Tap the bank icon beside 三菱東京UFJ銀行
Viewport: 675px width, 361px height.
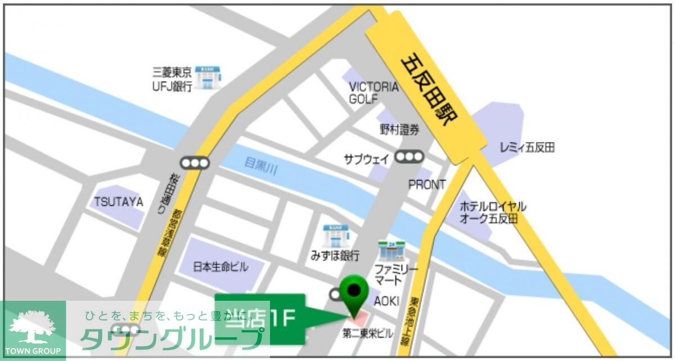[x=209, y=77]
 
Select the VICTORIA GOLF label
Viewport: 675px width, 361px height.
[x=373, y=93]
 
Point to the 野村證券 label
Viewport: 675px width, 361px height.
[x=399, y=130]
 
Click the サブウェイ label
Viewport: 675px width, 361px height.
[x=366, y=159]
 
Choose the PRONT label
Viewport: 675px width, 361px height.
[x=426, y=185]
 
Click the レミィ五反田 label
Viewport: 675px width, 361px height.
[x=527, y=148]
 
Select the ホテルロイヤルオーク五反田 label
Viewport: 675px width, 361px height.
[x=493, y=212]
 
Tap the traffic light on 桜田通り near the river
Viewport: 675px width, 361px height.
[x=195, y=163]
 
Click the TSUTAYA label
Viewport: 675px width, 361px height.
[x=119, y=202]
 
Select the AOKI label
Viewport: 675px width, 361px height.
[x=386, y=301]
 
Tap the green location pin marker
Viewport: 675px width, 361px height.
[x=354, y=291]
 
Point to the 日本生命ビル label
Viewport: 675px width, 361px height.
[x=220, y=267]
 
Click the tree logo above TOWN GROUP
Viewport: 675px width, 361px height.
[x=32, y=327]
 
